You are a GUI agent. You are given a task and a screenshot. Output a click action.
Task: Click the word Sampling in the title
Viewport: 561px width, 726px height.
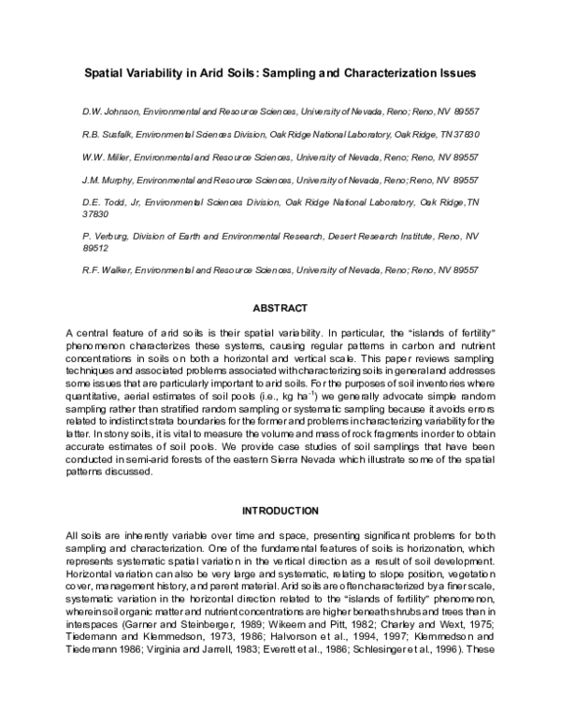click(309, 71)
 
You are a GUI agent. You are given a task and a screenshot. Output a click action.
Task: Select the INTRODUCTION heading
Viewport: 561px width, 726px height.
click(280, 511)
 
